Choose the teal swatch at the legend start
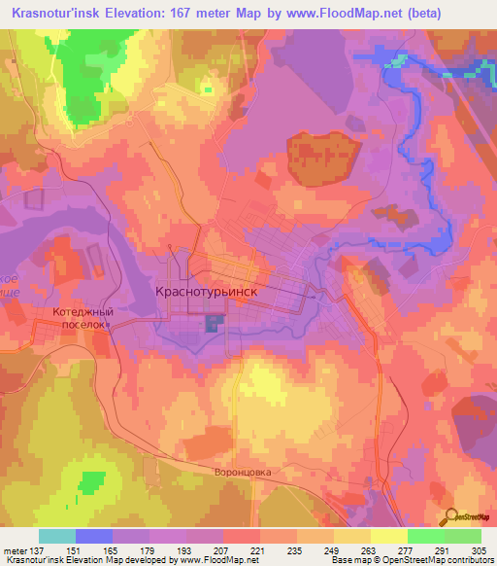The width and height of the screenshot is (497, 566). [x=57, y=536]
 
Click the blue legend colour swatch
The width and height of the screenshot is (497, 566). [x=94, y=536]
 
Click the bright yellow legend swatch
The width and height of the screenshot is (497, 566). [x=389, y=536]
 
